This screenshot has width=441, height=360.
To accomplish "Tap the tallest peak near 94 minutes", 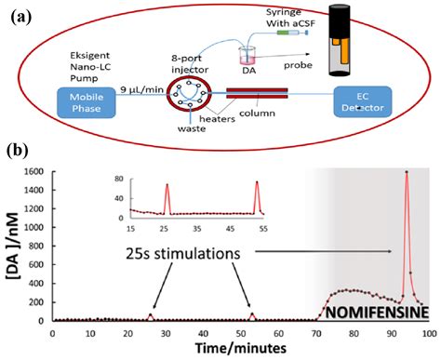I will point(406,173).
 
